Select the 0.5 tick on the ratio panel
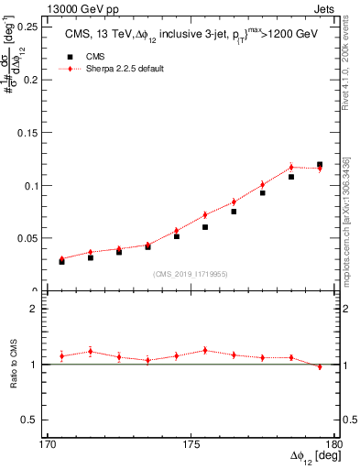pos(36,420)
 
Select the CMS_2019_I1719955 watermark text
pos(190,273)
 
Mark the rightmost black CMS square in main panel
pos(320,165)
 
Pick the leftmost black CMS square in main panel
pos(62,262)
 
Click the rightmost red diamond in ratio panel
pos(320,366)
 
